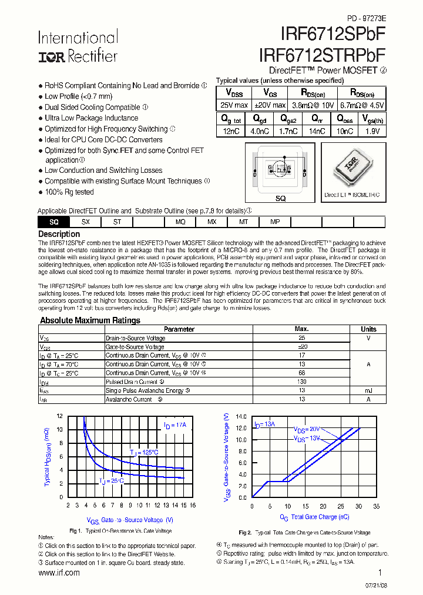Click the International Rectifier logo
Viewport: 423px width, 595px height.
(78, 47)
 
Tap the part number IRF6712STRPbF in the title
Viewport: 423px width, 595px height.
(322, 55)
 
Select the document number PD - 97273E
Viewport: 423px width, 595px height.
(366, 18)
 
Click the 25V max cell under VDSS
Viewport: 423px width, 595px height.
(234, 105)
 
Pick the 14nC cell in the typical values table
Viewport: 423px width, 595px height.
(317, 131)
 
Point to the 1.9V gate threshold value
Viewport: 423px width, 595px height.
(373, 131)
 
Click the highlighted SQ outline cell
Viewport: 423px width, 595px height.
(53, 222)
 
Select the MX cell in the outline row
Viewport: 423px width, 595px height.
(212, 222)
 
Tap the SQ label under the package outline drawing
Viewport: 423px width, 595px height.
(280, 199)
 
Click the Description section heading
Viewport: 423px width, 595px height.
(59, 234)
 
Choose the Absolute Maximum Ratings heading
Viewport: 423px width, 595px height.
(90, 320)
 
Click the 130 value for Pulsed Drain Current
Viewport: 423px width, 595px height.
(301, 382)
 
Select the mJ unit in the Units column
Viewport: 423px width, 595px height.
(368, 390)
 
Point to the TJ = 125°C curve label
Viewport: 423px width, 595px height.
(144, 452)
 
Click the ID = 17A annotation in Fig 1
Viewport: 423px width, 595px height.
(174, 424)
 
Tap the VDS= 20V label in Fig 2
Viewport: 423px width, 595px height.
(307, 429)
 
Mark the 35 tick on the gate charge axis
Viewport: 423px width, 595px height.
(376, 506)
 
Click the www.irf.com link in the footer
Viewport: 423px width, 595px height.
(59, 573)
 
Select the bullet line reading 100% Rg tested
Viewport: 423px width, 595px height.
(69, 192)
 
